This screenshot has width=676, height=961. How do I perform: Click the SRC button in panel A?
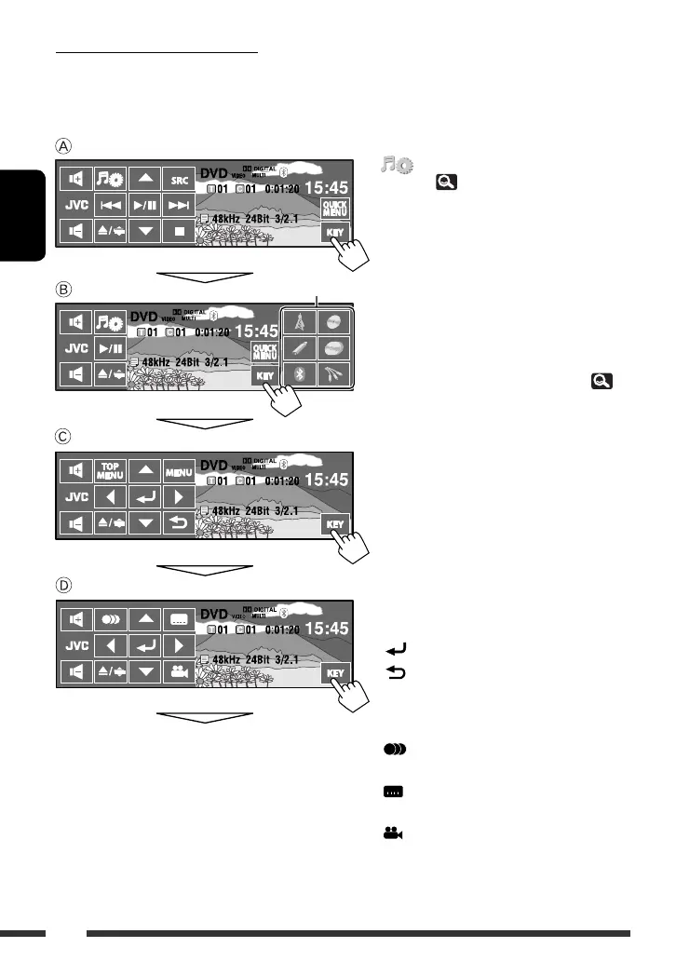point(178,177)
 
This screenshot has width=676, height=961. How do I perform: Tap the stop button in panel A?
point(178,230)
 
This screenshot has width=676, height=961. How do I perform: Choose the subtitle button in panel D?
point(178,617)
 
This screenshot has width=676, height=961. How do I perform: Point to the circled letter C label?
point(61,437)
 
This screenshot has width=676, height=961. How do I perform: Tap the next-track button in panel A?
point(178,204)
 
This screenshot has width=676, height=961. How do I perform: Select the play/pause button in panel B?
point(111,350)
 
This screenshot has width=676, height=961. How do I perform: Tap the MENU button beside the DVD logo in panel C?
point(178,470)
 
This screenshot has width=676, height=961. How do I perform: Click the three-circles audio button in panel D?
point(111,617)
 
